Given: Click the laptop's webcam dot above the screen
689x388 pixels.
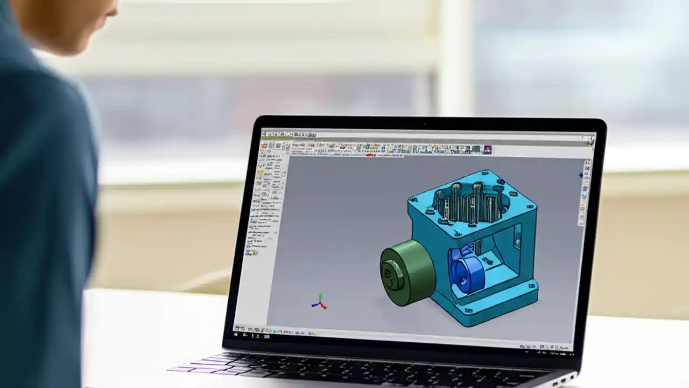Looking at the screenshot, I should (x=425, y=123).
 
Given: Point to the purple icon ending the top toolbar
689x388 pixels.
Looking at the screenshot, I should (x=487, y=150).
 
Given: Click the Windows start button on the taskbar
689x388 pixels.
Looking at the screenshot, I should (x=237, y=328).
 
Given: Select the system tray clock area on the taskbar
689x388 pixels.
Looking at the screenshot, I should (x=557, y=348).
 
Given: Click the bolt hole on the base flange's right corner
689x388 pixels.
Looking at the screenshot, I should (x=532, y=286).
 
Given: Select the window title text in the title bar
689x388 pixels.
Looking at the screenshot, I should (x=304, y=134).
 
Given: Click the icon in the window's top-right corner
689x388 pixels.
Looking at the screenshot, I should (x=590, y=142).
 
